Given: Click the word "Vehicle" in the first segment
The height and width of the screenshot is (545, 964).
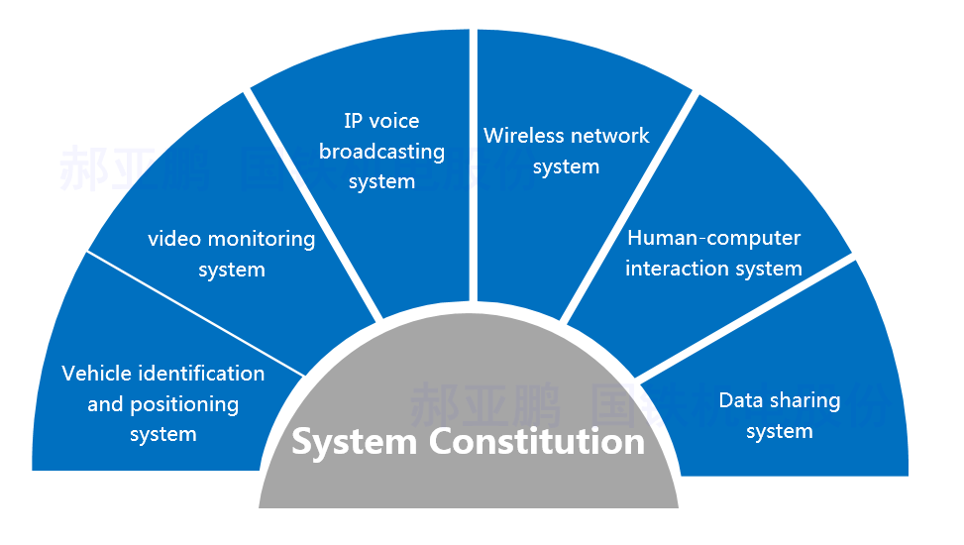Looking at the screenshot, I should (x=96, y=374).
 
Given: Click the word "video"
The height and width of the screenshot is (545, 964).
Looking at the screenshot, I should (x=174, y=239).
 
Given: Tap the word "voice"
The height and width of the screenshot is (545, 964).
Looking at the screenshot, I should (x=395, y=121).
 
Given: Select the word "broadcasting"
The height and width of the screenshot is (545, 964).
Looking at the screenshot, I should (x=381, y=153).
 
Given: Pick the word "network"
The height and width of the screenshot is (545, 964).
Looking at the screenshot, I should (x=609, y=136).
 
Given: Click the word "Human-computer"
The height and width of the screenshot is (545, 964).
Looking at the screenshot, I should (x=713, y=238).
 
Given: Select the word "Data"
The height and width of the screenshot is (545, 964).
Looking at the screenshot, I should (x=739, y=400).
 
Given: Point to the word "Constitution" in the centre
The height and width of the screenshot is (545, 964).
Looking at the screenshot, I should (x=536, y=441).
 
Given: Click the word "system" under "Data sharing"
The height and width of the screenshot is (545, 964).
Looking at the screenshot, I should (x=779, y=432).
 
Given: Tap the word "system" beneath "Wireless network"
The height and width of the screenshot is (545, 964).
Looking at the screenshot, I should (x=566, y=167).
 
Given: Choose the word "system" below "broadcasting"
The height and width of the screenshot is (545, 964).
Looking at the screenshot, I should (x=381, y=182).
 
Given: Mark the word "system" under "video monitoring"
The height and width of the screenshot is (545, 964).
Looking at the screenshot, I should (x=232, y=270).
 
